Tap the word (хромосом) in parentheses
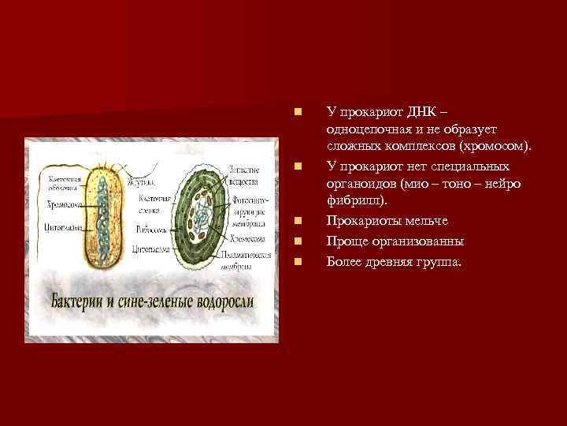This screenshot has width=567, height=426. pos(492,147)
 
